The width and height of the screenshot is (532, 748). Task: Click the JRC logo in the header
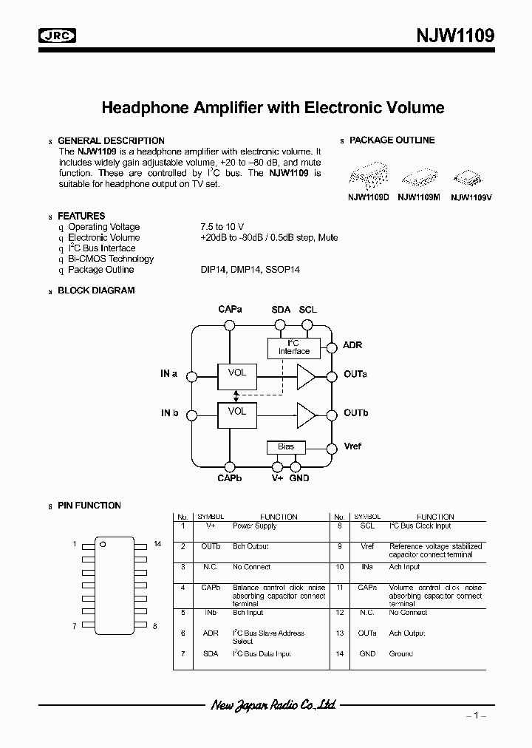(60, 35)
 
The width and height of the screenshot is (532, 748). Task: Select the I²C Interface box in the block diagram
(293, 347)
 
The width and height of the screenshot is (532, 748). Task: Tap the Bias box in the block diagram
(286, 446)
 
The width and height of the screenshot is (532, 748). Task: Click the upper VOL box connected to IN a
(237, 375)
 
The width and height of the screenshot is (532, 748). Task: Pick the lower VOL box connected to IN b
(237, 413)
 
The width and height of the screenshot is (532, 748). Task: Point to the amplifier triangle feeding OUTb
(305, 413)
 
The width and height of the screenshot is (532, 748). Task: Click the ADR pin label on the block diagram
(352, 346)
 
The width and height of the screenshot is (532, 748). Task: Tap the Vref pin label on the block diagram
(353, 447)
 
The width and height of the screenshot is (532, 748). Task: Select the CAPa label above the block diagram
(231, 309)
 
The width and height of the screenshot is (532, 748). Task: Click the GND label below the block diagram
(299, 478)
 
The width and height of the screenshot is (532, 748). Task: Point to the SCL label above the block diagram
(308, 309)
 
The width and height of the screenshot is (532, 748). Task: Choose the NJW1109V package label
(471, 197)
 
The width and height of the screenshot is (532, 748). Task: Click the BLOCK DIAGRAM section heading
(96, 290)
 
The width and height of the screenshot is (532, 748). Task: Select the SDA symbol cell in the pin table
(211, 654)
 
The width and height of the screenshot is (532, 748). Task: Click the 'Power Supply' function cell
(255, 526)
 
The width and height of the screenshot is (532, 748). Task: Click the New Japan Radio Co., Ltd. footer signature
(273, 704)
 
